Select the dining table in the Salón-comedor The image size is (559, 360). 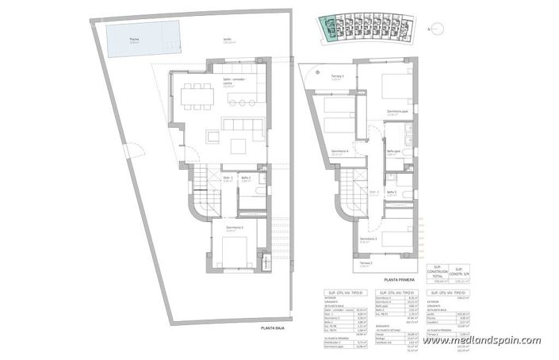click(195, 97)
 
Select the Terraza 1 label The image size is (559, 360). click(337, 76)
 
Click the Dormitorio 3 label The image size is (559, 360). click(366, 239)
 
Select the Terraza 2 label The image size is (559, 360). click(366, 263)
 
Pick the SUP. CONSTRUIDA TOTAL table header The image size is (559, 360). click(437, 272)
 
